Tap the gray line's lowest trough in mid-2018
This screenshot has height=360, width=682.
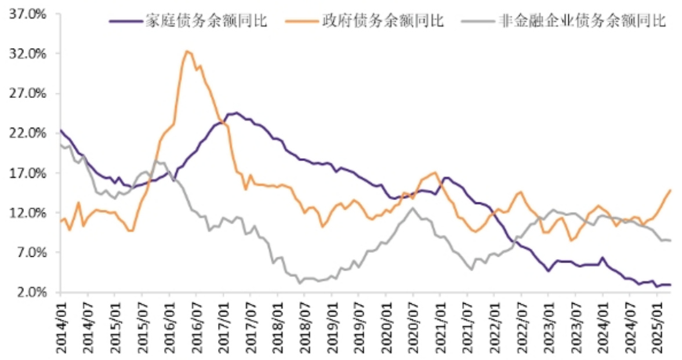(x=299, y=283)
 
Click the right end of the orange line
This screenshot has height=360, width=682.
(x=670, y=190)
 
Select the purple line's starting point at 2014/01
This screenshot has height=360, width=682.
(x=60, y=130)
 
